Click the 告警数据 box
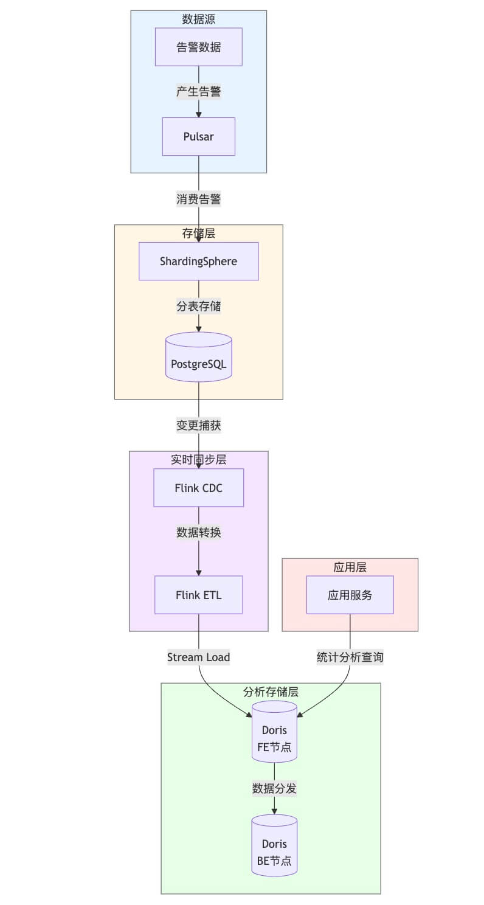199,47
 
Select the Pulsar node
199,136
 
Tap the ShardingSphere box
199,262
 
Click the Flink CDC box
199,488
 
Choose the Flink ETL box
199,595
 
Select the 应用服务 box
350,595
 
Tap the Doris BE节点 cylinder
274,845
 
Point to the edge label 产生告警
199,92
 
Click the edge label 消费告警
199,199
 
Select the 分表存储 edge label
199,307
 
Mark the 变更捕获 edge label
199,426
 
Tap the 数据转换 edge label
199,533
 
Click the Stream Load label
199,657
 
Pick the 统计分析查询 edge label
350,657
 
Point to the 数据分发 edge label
274,789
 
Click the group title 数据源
199,19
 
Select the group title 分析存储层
271,692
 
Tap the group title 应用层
350,567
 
